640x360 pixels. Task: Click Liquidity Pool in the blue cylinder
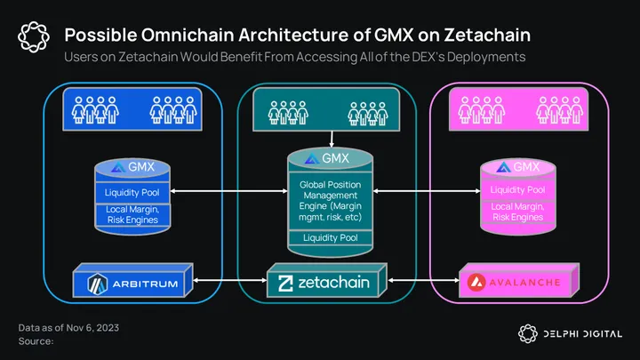point(132,191)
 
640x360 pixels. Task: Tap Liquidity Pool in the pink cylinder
point(517,189)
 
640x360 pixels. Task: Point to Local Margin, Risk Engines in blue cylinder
point(132,212)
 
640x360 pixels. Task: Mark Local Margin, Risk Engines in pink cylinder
point(517,212)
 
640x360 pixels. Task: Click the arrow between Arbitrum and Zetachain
point(228,283)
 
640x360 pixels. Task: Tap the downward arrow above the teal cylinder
point(330,140)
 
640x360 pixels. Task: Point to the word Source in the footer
point(36,341)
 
